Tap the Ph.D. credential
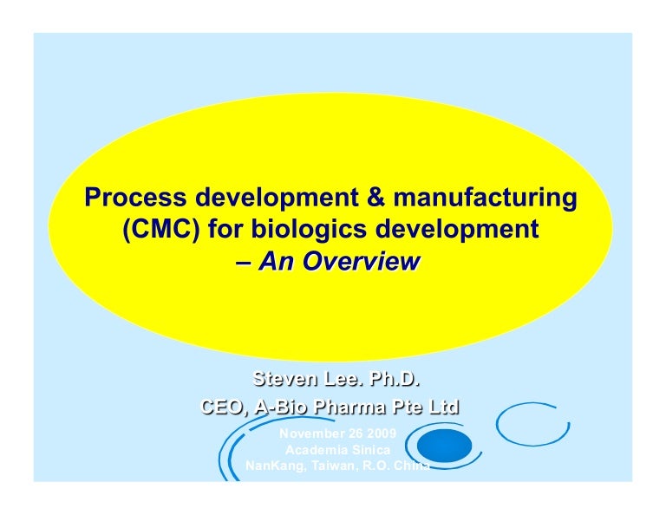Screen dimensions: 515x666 click(401, 380)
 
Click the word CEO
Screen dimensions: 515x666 click(222, 407)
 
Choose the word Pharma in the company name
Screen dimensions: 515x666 click(355, 407)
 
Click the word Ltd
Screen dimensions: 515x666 click(442, 407)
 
